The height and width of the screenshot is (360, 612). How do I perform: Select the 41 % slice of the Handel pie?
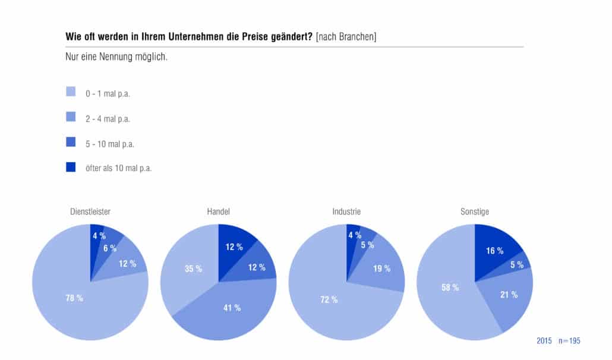231,312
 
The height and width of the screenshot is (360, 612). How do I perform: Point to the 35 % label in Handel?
194,269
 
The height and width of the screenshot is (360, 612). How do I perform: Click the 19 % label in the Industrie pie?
381,269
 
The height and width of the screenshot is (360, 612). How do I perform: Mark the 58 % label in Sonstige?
450,288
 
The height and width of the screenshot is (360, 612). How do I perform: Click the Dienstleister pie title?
90,211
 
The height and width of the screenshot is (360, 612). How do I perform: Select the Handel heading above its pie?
218,211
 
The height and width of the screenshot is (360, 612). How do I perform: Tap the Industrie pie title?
346,211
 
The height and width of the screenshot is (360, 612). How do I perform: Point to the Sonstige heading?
475,211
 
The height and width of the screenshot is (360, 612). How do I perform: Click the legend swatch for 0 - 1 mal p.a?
71,91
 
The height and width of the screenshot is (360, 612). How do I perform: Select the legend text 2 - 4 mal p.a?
108,119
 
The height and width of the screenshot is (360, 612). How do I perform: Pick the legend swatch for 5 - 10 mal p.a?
71,141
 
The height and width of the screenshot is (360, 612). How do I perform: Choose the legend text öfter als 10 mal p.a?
119,168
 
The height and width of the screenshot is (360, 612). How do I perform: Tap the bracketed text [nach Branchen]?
346,37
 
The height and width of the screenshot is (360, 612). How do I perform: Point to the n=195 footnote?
569,340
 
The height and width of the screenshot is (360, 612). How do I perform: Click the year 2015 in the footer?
544,340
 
